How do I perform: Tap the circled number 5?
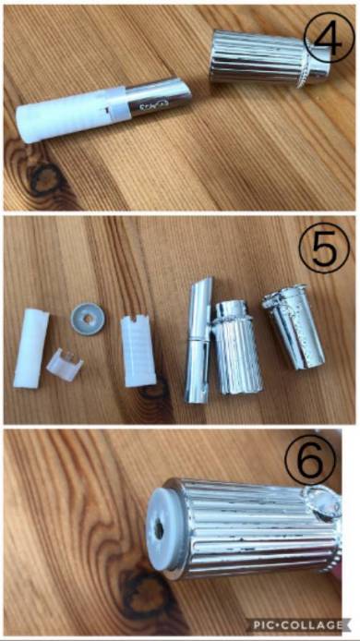coord(324,248)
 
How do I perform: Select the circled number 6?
coord(310,459)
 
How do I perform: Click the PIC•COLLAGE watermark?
coord(297,625)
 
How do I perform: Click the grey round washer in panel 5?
coord(88,319)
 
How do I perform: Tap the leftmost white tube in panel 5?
coord(31,348)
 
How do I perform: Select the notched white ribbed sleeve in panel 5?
coord(138,351)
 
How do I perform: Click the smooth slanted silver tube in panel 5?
coord(199,339)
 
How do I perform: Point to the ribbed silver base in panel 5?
coord(236,347)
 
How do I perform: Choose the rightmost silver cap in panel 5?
coord(293,326)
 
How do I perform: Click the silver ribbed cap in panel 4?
coord(270,57)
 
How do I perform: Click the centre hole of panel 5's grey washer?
coord(87,319)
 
